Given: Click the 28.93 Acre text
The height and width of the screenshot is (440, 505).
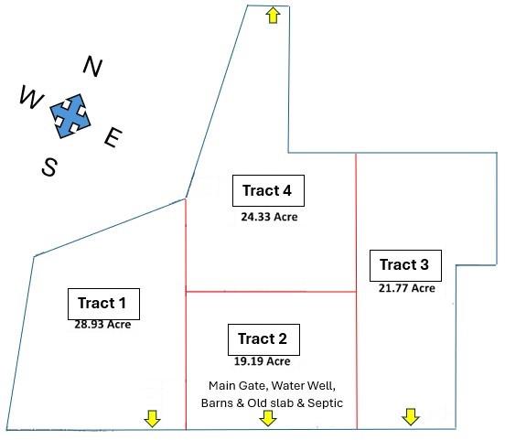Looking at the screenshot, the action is [x=102, y=325].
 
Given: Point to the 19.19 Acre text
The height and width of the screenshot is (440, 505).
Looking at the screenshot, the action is [x=263, y=361].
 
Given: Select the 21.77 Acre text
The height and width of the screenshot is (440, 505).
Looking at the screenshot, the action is [x=407, y=288].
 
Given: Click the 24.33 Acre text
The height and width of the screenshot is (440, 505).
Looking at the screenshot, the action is [x=269, y=217].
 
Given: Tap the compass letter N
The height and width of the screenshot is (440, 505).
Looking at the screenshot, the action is [x=92, y=67].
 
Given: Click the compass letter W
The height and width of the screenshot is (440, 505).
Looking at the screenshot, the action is [x=31, y=97].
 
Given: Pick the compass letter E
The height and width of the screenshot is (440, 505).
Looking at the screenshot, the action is [x=113, y=137].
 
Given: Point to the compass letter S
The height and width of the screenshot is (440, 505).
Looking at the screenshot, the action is [x=50, y=166].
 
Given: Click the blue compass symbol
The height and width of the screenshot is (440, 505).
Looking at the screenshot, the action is [x=70, y=116].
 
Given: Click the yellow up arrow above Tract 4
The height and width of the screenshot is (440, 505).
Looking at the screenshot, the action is [x=274, y=16].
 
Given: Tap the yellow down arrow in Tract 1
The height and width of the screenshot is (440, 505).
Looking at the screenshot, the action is [x=152, y=418].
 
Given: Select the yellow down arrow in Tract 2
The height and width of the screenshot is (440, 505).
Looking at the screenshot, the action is [x=268, y=418].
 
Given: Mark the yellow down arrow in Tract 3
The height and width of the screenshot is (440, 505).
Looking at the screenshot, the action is [x=411, y=417].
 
